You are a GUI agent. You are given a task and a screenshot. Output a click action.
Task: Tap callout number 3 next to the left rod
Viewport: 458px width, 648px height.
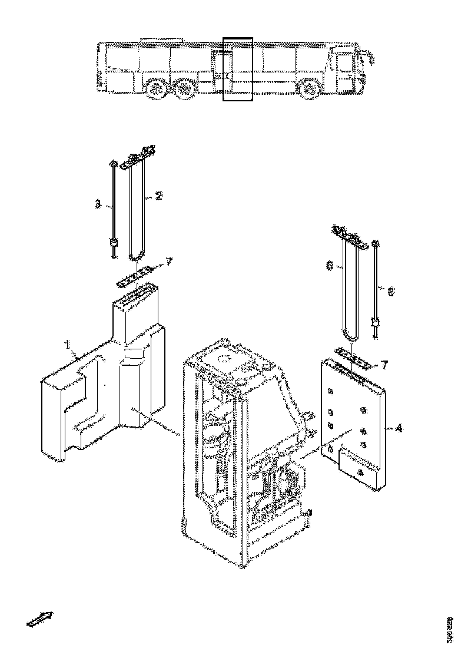pos(98,204)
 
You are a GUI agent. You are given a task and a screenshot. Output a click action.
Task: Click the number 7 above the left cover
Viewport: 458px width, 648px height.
pos(169,262)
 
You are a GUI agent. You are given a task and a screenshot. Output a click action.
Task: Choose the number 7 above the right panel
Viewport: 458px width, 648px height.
pos(384,365)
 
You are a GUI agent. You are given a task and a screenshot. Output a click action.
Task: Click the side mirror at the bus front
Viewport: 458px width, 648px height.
pos(371,57)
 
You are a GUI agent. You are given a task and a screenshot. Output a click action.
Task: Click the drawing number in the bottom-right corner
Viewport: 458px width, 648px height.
pos(450,629)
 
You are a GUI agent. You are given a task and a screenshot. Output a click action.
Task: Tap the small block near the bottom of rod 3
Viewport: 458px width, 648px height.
pos(112,243)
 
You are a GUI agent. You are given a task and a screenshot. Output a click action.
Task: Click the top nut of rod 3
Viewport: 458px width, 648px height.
pos(111,164)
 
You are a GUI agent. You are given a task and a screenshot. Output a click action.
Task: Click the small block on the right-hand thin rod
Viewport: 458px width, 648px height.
pos(374,322)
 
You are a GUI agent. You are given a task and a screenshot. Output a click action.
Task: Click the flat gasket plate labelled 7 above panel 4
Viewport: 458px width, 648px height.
pos(352,357)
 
